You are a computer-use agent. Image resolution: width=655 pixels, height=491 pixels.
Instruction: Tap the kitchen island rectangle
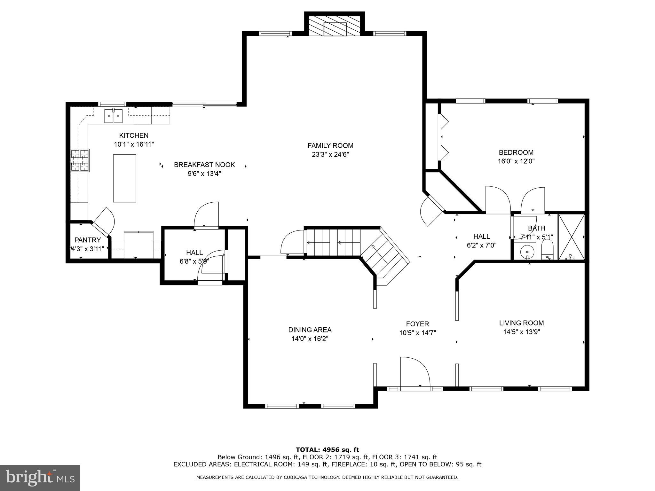[125, 178]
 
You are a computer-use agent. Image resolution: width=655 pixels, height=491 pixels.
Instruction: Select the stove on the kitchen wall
[80, 160]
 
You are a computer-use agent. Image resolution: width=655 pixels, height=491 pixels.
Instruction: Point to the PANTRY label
[88, 240]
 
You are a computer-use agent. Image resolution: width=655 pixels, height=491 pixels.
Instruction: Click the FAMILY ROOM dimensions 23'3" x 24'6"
[330, 155]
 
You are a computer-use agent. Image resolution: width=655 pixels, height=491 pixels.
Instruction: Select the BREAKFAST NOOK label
[204, 165]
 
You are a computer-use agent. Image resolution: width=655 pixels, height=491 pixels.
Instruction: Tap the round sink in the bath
[525, 252]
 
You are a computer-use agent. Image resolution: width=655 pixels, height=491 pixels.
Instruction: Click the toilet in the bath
[547, 250]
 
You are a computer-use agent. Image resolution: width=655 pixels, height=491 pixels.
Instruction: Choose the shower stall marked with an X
[571, 237]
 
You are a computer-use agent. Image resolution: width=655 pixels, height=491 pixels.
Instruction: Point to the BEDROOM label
[516, 152]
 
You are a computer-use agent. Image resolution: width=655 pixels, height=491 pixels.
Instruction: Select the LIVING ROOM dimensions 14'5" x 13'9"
[522, 332]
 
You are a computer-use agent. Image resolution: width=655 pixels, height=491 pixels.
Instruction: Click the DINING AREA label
[310, 330]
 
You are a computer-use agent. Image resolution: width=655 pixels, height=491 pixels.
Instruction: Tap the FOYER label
[418, 324]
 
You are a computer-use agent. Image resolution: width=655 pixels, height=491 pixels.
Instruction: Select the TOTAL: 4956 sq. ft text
[327, 450]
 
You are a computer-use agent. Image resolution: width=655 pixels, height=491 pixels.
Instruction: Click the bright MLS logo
[40, 478]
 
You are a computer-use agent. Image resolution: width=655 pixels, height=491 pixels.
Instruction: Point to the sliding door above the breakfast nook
[204, 104]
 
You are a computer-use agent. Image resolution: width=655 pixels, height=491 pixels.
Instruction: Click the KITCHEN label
[134, 135]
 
